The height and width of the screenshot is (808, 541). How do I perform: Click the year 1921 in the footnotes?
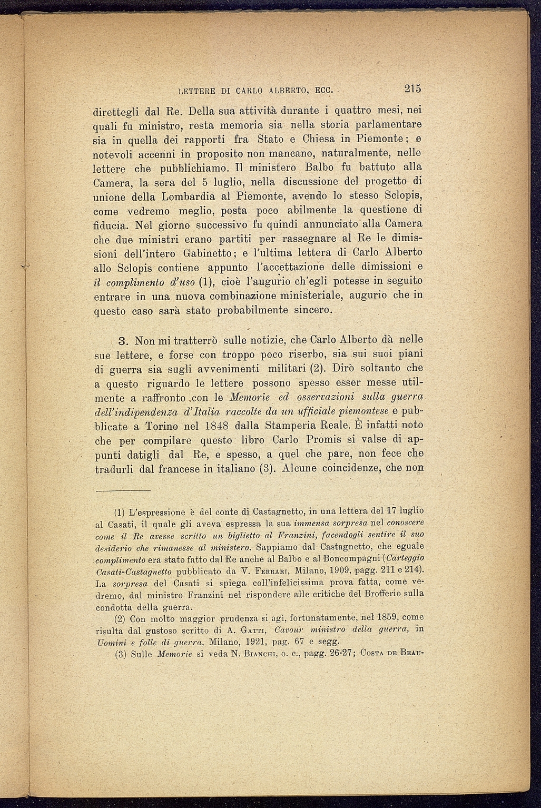point(256,642)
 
